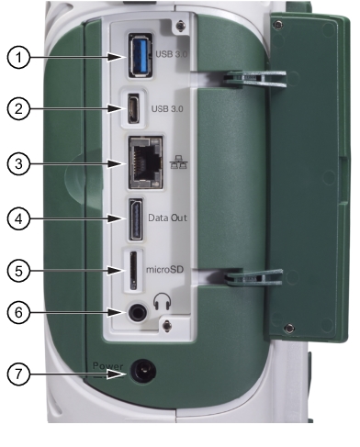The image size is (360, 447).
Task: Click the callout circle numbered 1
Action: coord(18,57)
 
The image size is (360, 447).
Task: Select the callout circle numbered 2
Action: coord(18,109)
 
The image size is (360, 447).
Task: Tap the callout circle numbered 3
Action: coord(18,163)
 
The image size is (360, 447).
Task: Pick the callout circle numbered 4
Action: coord(18,218)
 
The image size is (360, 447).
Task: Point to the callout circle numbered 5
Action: coord(18,271)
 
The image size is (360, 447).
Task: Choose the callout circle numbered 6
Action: coord(18,312)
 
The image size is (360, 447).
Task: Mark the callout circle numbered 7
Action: coord(18,374)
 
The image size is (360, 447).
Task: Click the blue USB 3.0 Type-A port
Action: coord(141,55)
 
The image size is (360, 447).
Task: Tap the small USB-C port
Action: coord(134,108)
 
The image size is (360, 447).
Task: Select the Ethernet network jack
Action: coord(145,162)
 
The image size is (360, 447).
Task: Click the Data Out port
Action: coord(136,219)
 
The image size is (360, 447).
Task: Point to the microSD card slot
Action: coord(133,271)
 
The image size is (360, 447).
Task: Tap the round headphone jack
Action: coord(137,312)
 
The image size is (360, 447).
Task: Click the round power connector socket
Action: coord(143,372)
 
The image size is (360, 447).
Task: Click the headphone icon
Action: coord(162,301)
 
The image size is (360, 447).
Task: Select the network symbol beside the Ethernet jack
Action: coord(179,162)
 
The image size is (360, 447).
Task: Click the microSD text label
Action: coord(165,270)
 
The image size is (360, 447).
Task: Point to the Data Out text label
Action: coord(167,218)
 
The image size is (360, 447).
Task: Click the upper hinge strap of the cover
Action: coord(254,78)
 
